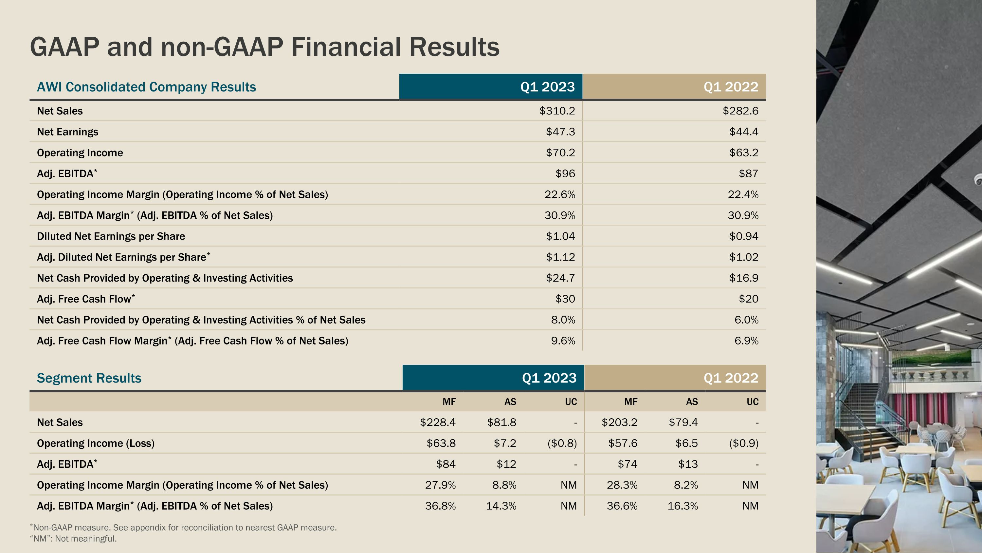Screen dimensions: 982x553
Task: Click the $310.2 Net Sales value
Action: point(557,111)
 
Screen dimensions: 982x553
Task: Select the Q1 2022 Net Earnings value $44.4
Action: point(744,132)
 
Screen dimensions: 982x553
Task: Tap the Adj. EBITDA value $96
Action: point(565,174)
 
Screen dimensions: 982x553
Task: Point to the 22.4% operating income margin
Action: point(743,195)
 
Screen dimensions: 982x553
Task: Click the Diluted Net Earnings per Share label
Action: point(111,237)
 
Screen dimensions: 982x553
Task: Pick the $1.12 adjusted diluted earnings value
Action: point(560,257)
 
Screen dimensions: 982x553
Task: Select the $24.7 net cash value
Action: point(560,278)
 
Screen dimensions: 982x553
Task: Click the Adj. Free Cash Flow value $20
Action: point(748,299)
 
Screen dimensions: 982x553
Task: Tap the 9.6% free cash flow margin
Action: point(563,341)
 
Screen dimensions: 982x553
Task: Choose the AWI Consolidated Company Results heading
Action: point(146,87)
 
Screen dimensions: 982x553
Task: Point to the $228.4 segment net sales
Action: point(438,423)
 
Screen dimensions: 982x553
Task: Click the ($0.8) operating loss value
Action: point(562,444)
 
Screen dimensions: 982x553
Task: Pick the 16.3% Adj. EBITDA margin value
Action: point(682,506)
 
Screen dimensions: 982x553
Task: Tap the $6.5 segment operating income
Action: point(686,444)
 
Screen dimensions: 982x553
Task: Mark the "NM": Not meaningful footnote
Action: point(73,539)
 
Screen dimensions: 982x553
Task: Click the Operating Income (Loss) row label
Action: point(96,444)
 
